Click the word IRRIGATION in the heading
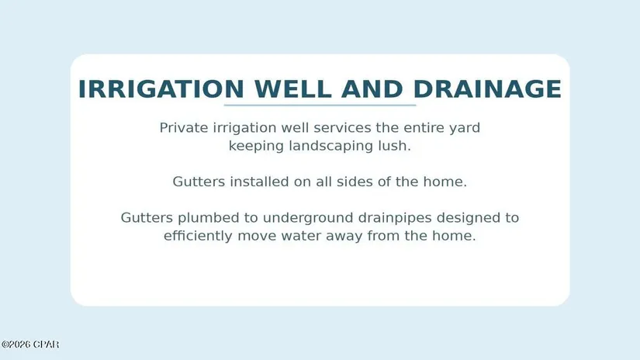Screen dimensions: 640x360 coord(161,89)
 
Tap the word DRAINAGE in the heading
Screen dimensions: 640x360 coord(487,89)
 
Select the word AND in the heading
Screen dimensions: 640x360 coord(372,89)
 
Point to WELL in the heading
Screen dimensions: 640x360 coord(292,89)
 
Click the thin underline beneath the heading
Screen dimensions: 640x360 coord(320,106)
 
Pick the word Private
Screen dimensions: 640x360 coord(184,128)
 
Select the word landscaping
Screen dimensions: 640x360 coord(330,146)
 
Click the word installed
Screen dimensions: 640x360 coord(259,182)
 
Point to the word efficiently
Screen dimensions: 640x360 coord(198,237)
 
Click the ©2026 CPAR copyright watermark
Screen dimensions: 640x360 coord(30,344)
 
